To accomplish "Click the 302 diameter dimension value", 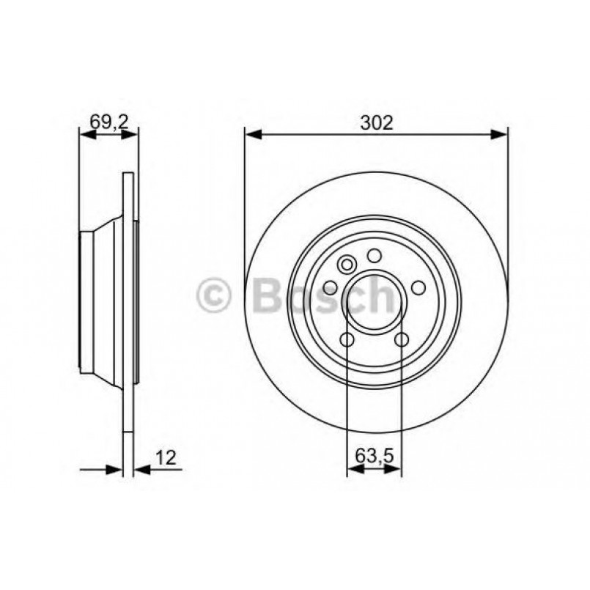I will pos(376,123).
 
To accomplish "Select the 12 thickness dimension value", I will pos(166,458).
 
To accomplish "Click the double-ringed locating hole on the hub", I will pos(347,263).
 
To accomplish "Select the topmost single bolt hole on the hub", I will pos(375,255).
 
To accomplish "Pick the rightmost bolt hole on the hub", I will pos(419,287).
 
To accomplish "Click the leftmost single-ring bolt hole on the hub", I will pos(330,287).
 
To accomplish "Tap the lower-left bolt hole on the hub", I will pos(347,339).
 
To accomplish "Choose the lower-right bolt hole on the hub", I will pos(402,339).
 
